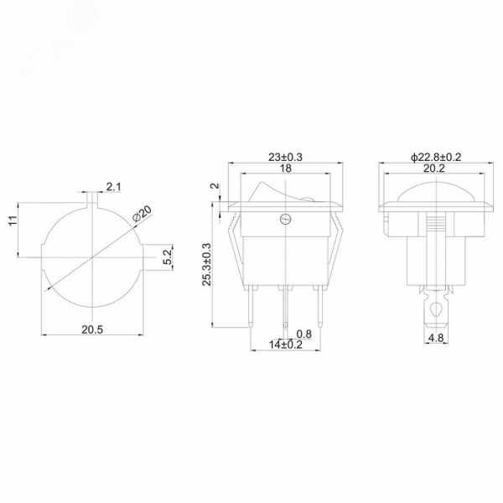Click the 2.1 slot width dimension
pos(114,187)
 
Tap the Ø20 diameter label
pos(142,214)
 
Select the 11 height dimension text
pos(13,220)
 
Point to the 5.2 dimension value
pos(168,257)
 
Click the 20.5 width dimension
pos(92,329)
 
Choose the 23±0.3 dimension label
pos(285,158)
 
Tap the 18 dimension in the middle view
pos(286,169)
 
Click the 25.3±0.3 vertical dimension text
pos(206,264)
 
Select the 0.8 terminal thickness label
pos(303,334)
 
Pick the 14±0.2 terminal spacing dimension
pos(286,345)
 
